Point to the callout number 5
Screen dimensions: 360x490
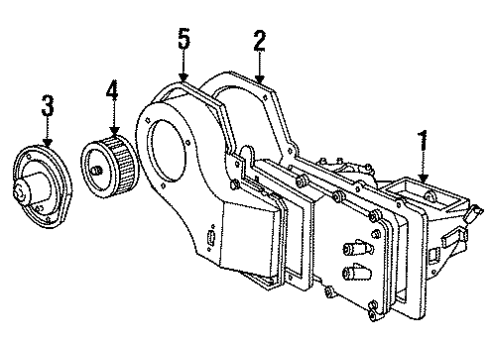point(183,43)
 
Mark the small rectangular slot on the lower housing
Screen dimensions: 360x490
point(212,237)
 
